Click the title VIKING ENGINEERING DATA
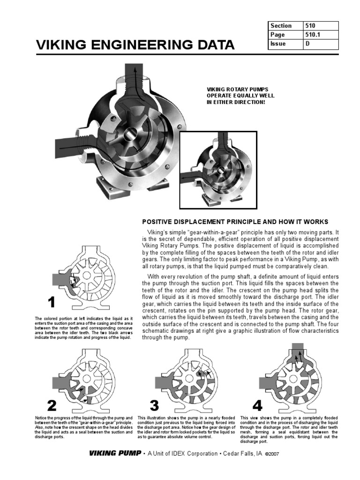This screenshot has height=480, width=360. point(135,45)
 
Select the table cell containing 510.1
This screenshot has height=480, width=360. point(320,35)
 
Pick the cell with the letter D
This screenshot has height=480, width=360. point(320,44)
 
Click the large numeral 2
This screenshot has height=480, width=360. point(52,405)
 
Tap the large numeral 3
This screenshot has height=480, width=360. point(154,405)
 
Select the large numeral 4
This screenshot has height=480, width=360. point(257,405)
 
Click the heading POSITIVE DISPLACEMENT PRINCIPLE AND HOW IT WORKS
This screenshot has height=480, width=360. point(235,222)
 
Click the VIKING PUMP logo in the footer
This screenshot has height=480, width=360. point(115,453)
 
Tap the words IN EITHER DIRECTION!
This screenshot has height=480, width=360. point(232,102)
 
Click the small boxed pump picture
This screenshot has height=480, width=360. point(218,169)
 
